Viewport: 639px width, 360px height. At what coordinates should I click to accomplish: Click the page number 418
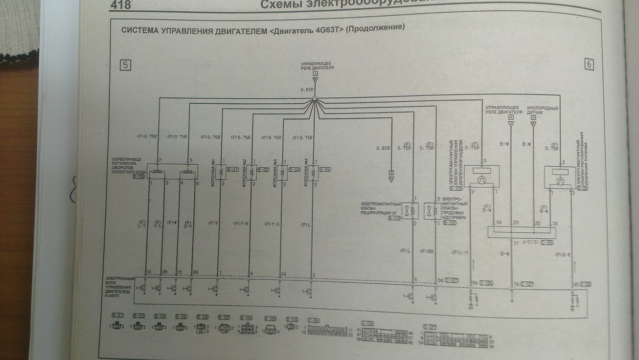(x=123, y=5)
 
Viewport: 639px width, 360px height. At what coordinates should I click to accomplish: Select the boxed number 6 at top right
(x=589, y=65)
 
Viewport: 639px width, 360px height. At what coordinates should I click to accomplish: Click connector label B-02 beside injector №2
(x=263, y=170)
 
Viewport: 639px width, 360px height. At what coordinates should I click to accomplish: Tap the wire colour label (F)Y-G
(x=272, y=224)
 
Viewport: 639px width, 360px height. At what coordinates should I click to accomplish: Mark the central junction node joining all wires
(x=315, y=99)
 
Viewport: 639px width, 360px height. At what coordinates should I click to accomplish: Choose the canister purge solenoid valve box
(x=429, y=211)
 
